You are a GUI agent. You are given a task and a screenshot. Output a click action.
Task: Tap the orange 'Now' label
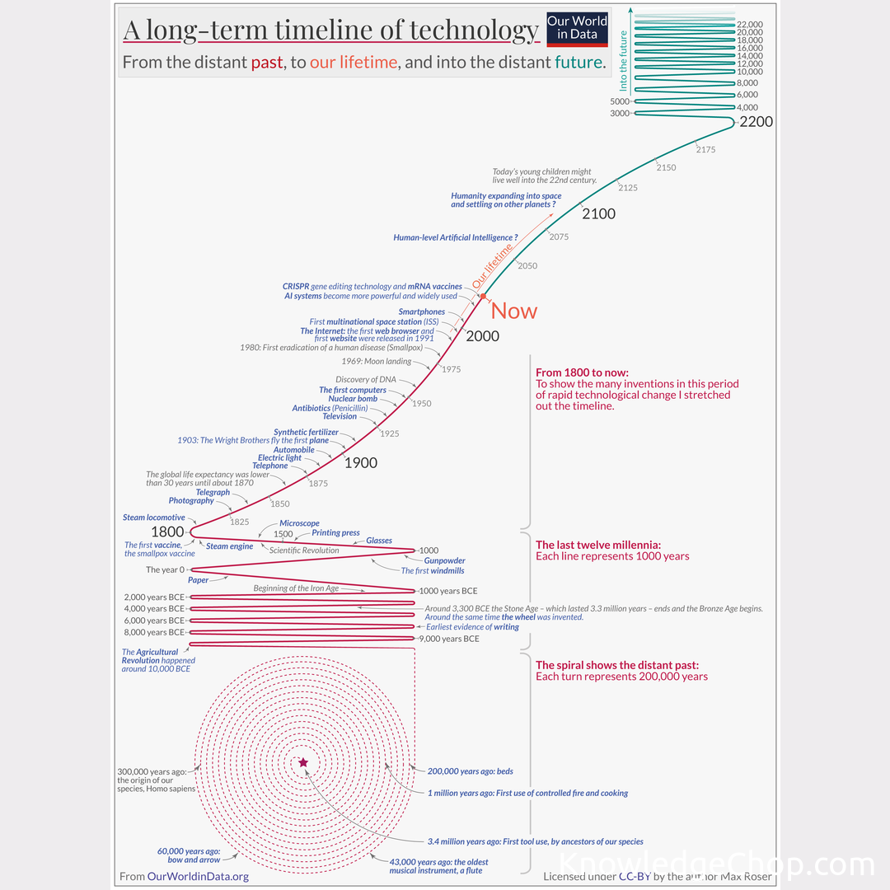(513, 311)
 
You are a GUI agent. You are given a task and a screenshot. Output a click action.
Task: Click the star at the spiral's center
(303, 763)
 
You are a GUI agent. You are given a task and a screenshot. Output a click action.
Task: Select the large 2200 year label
(756, 122)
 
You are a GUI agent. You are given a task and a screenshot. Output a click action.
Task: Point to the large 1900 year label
(360, 463)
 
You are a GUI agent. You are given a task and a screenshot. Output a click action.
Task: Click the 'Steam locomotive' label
(154, 518)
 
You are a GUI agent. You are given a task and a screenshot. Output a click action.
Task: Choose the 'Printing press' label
(335, 533)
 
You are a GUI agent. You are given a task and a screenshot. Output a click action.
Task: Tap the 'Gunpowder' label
(444, 561)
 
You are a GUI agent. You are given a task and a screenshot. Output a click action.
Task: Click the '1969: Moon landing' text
(377, 362)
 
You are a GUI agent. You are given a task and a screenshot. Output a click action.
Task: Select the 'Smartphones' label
(421, 312)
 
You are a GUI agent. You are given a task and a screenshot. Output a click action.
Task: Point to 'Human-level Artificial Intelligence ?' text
(456, 237)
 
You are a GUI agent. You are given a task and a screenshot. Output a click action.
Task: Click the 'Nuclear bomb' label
(353, 399)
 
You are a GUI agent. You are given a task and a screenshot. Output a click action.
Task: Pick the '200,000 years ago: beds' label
(471, 771)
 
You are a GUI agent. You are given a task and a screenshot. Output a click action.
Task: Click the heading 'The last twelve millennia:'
(598, 545)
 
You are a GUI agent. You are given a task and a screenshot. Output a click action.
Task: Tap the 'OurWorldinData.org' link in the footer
(198, 876)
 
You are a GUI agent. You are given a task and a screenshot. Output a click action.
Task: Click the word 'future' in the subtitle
(578, 62)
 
